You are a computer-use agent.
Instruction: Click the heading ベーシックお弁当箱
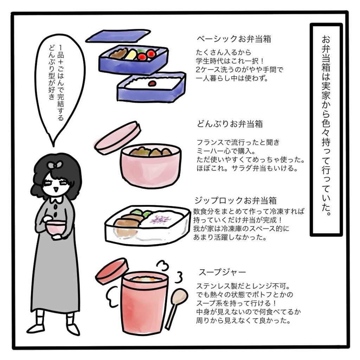pos(234,39)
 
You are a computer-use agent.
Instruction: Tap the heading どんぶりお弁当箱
pos(230,124)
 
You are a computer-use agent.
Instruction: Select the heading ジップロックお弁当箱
pos(235,201)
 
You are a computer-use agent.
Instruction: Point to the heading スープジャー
pos(222,272)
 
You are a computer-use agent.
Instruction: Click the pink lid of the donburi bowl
pos(117,137)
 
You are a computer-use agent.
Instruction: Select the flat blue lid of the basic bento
pos(118,36)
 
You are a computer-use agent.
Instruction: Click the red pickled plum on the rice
pos(152,83)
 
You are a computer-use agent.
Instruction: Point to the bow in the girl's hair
pos(54,165)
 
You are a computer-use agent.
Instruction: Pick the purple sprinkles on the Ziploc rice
pos(159,219)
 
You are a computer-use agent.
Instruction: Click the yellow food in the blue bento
pos(131,54)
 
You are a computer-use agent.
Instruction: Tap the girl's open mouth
pos(54,190)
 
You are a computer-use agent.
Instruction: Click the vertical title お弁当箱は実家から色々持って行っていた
pos(326,126)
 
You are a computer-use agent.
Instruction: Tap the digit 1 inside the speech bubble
pos(60,47)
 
